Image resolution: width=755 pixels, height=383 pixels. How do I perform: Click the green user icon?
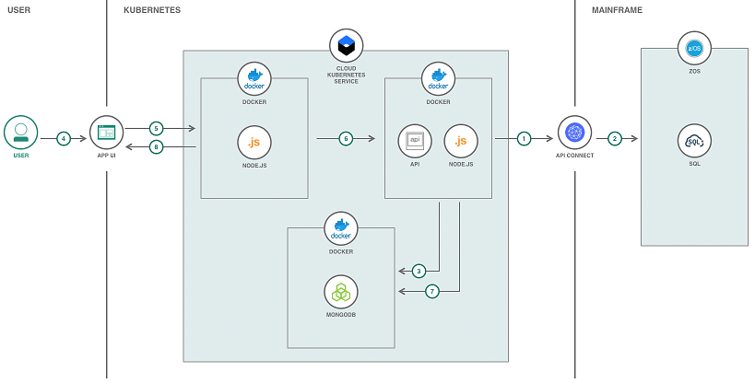(20, 133)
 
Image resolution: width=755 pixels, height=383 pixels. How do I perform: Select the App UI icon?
(107, 133)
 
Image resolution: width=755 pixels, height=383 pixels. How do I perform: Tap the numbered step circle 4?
(64, 139)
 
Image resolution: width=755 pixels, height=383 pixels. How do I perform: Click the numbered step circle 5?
(156, 128)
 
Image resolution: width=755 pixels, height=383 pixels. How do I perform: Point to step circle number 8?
(156, 146)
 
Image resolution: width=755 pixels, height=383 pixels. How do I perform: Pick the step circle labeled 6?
(346, 139)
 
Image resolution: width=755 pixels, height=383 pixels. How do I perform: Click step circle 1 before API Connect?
(524, 139)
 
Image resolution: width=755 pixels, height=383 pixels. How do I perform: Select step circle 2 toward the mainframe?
(615, 139)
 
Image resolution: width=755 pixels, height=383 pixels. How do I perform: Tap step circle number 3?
(419, 271)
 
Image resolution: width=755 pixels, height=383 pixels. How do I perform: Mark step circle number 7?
(432, 291)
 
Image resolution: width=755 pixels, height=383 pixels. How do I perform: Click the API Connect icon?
(574, 133)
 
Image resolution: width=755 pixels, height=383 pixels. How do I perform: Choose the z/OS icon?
(694, 48)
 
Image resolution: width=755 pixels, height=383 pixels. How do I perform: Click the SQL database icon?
(694, 141)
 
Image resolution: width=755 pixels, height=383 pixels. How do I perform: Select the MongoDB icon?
(341, 292)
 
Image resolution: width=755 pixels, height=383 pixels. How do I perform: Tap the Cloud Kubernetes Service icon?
(346, 44)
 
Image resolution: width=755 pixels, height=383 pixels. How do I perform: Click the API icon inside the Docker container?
(415, 141)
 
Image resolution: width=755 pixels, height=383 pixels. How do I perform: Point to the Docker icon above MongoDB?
(341, 228)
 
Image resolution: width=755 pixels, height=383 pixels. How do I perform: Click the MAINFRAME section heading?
(617, 10)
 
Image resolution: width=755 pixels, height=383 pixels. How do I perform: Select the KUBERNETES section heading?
(152, 10)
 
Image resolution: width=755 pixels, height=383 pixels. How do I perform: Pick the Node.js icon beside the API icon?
(461, 141)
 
